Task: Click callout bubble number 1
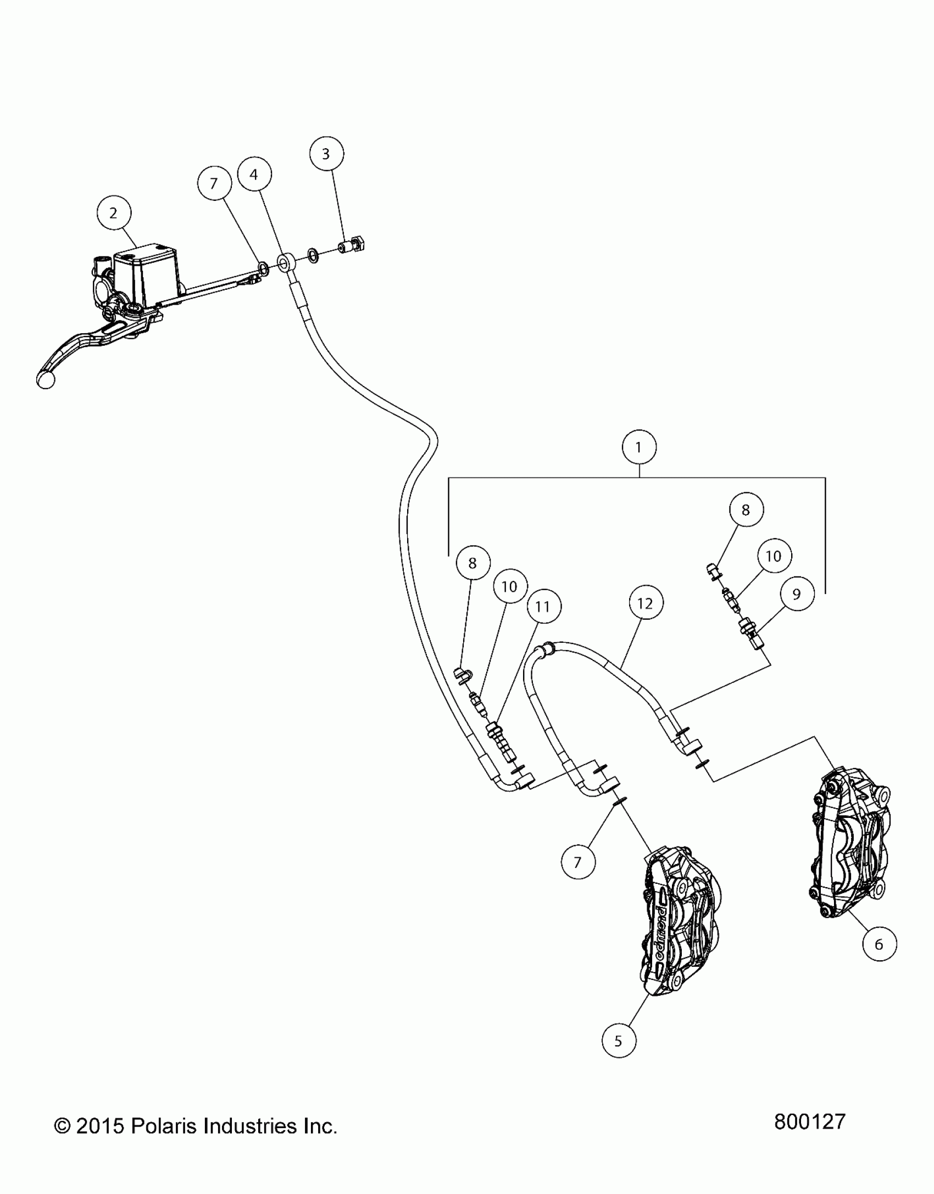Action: (x=638, y=447)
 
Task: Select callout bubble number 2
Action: (x=113, y=213)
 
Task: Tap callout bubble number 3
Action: (x=326, y=154)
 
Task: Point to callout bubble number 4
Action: (x=254, y=175)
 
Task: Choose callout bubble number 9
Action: (x=797, y=593)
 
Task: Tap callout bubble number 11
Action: (x=542, y=606)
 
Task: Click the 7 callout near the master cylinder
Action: (x=214, y=183)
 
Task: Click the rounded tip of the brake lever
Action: (x=46, y=379)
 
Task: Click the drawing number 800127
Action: (x=809, y=1122)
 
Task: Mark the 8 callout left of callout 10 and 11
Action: (x=472, y=563)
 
